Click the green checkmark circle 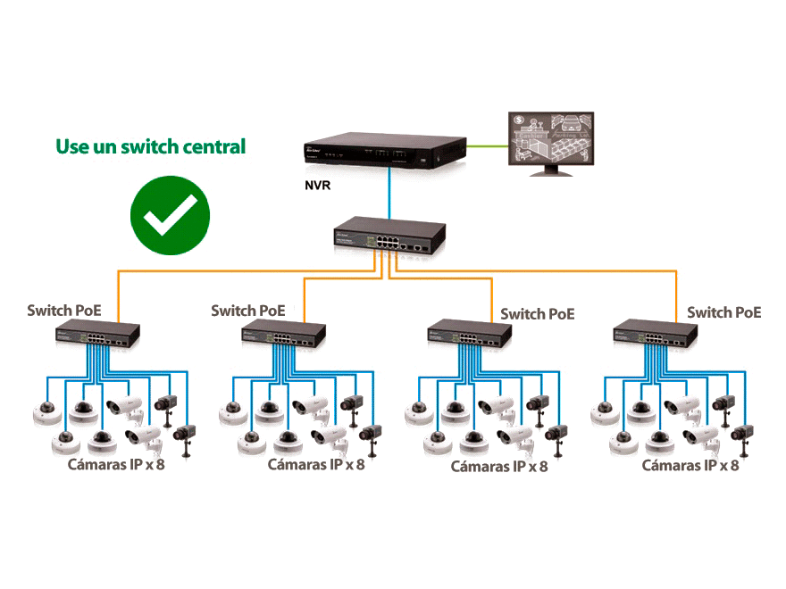click(170, 215)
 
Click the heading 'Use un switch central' click(150, 146)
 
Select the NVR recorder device click(383, 150)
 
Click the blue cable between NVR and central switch click(389, 196)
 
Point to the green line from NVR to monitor click(486, 145)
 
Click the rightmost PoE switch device click(655, 336)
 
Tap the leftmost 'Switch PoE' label click(64, 311)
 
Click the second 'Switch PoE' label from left click(248, 311)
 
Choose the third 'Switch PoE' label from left click(537, 314)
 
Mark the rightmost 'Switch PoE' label click(723, 312)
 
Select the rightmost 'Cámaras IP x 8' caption click(690, 465)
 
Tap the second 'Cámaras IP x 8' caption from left click(316, 464)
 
